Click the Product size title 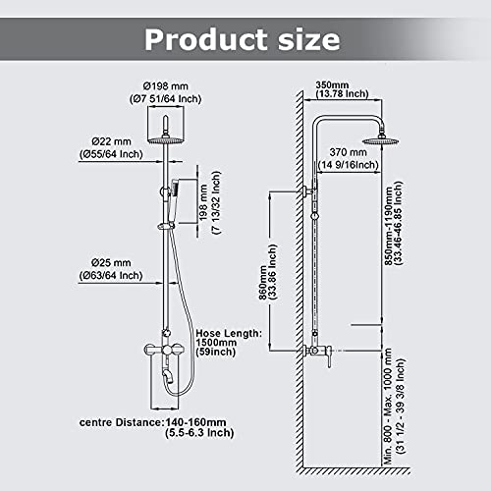click(243, 39)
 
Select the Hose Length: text click(229, 335)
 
